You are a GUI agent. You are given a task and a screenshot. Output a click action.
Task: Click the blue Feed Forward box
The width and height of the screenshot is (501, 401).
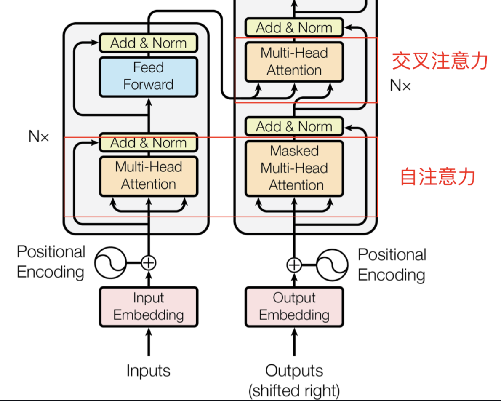pyautogui.click(x=148, y=76)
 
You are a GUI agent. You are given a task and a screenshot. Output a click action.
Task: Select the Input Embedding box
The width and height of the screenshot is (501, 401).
pyautogui.click(x=148, y=307)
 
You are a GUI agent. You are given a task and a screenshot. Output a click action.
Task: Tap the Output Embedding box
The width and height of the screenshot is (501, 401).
pyautogui.click(x=294, y=307)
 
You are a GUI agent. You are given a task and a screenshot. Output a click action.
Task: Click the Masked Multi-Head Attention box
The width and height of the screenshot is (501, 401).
pyautogui.click(x=294, y=168)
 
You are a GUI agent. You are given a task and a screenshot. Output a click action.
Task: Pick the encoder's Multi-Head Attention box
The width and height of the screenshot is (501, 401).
pyautogui.click(x=148, y=176)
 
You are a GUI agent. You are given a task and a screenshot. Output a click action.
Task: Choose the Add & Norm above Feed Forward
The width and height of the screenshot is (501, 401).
pyautogui.click(x=148, y=43)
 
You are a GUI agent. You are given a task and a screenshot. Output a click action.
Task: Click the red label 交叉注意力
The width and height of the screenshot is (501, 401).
pyautogui.click(x=440, y=61)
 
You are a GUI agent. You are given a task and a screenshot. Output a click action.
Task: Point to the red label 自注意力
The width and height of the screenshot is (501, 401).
pyautogui.click(x=437, y=176)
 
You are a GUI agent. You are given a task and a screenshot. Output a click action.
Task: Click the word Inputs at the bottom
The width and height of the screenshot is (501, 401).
pyautogui.click(x=148, y=371)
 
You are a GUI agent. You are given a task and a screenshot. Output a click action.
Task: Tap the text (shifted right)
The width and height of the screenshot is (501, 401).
pyautogui.click(x=294, y=390)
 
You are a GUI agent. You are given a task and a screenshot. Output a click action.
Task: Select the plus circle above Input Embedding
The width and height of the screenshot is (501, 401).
pyautogui.click(x=148, y=262)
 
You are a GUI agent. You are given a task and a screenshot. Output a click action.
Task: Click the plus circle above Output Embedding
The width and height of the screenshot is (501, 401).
pyautogui.click(x=294, y=265)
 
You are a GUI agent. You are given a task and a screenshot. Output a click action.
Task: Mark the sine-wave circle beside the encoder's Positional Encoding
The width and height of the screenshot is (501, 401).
pyautogui.click(x=110, y=262)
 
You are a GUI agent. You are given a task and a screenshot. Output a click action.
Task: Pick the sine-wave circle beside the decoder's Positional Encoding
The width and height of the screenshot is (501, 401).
pyautogui.click(x=332, y=265)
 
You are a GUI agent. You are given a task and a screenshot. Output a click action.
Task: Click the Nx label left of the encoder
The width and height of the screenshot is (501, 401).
pyautogui.click(x=39, y=136)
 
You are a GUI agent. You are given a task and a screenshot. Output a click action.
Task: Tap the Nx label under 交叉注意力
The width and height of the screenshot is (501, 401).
pyautogui.click(x=400, y=86)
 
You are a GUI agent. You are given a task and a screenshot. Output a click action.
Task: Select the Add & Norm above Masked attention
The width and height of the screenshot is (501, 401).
pyautogui.click(x=294, y=126)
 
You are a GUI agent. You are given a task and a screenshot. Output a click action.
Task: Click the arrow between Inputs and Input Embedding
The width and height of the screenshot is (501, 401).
pyautogui.click(x=148, y=342)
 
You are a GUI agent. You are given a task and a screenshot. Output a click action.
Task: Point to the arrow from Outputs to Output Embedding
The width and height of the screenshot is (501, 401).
pyautogui.click(x=294, y=342)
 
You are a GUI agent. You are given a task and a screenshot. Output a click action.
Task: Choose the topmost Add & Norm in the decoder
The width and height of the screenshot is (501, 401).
pyautogui.click(x=294, y=28)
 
